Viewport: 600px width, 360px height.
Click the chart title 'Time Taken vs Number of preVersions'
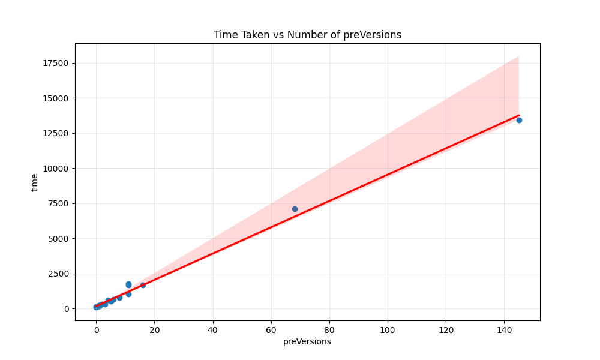click(307, 35)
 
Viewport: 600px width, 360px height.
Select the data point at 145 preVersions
click(519, 120)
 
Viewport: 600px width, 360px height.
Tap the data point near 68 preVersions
click(295, 209)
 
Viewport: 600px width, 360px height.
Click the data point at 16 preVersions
click(143, 285)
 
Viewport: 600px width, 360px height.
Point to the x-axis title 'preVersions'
click(307, 341)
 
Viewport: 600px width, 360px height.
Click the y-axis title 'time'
click(35, 182)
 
